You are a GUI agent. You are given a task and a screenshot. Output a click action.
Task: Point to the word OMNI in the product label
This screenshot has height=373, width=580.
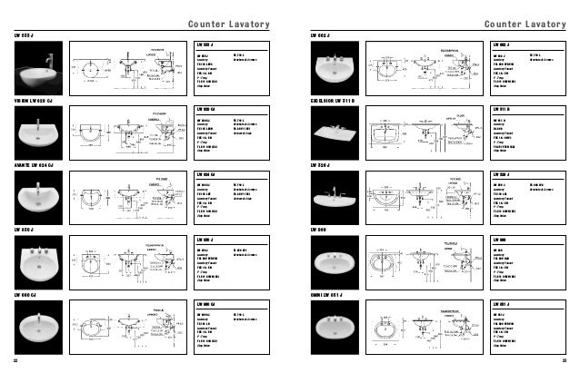click(318, 296)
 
